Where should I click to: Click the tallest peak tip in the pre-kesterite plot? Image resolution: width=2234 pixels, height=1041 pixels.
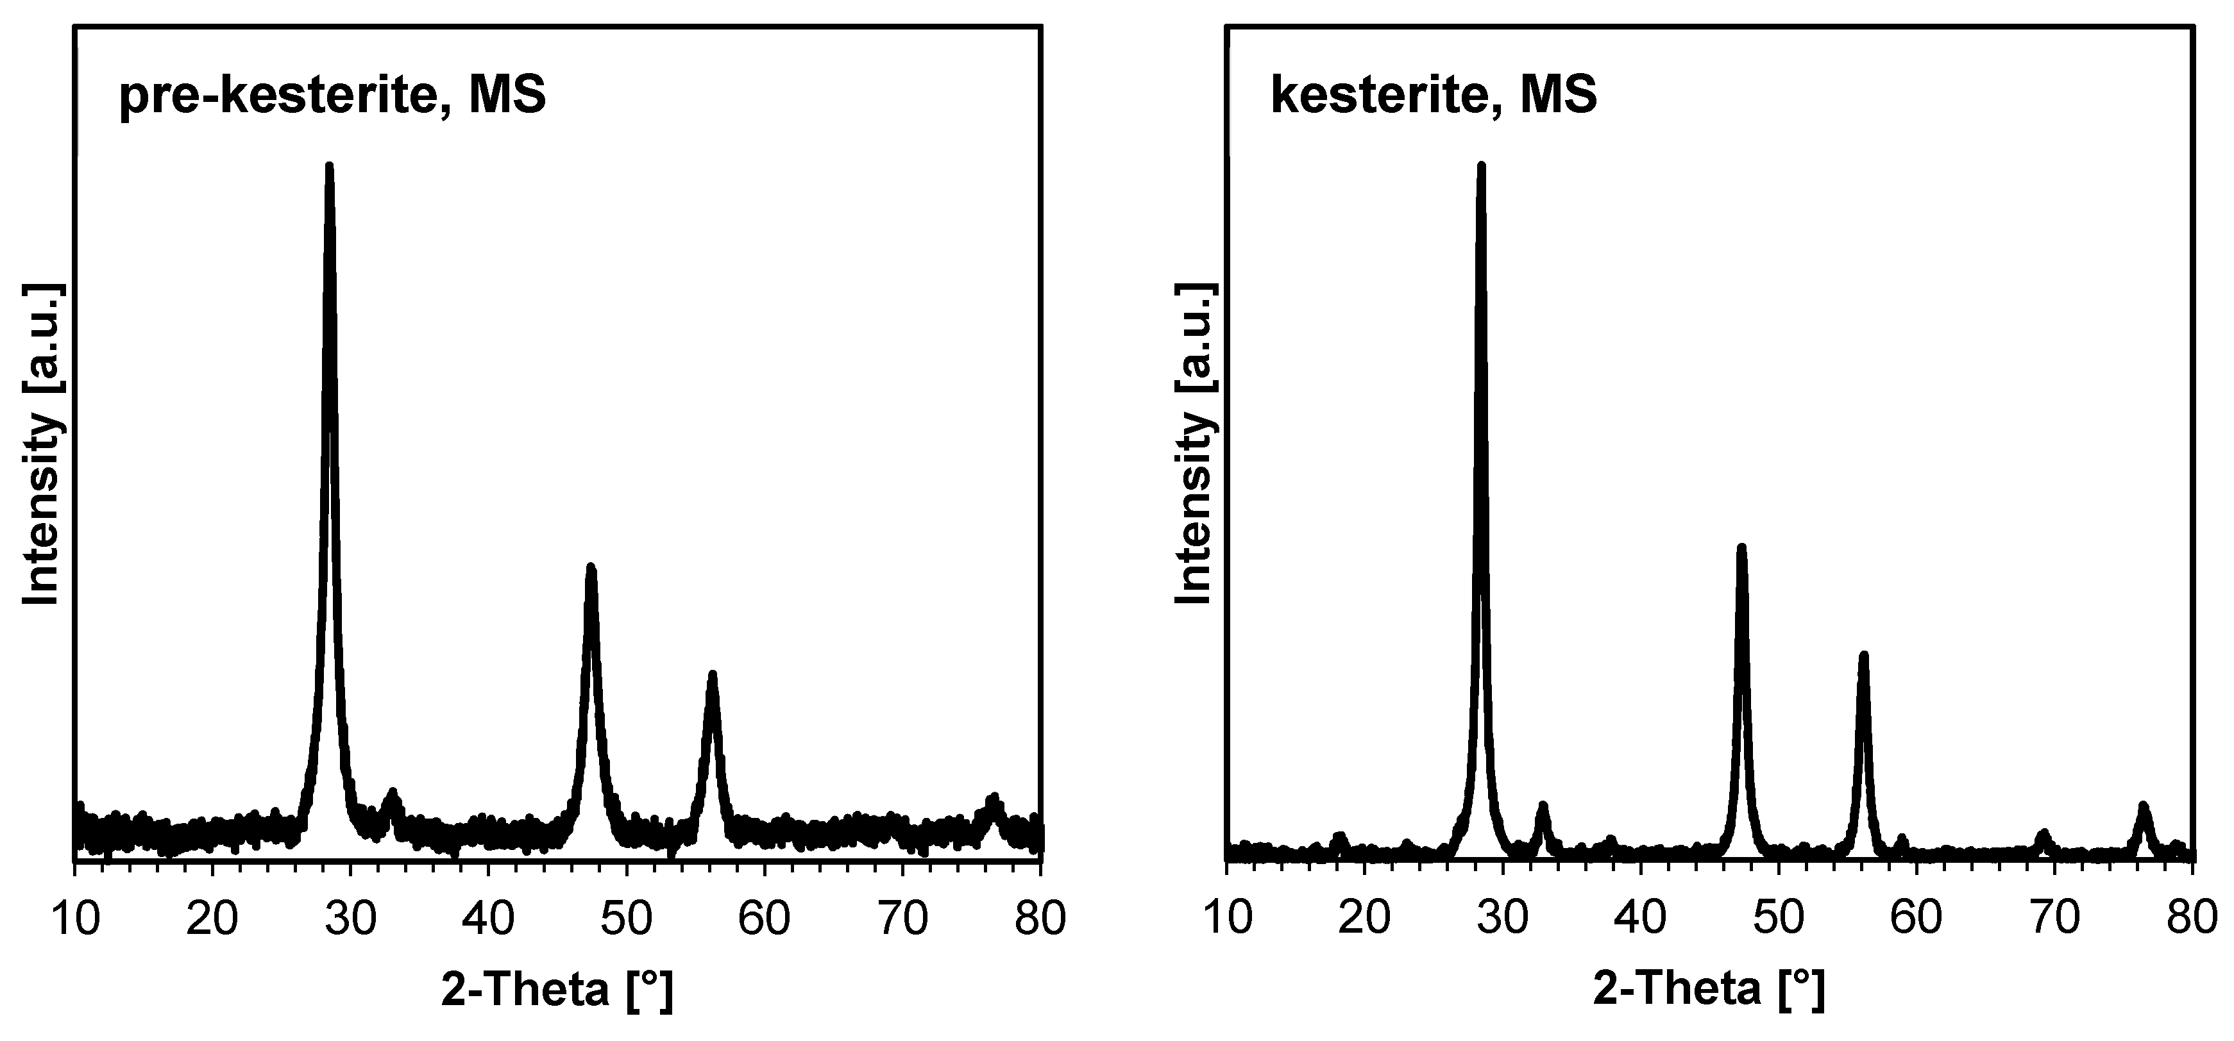pyautogui.click(x=328, y=167)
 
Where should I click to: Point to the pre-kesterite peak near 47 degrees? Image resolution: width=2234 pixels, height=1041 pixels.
pyautogui.click(x=591, y=569)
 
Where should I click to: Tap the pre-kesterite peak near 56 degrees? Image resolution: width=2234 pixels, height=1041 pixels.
pyautogui.click(x=712, y=675)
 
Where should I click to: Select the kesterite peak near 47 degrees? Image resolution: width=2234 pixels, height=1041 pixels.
pyautogui.click(x=1741, y=549)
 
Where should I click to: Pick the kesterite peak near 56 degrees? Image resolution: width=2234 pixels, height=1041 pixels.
pyautogui.click(x=1863, y=656)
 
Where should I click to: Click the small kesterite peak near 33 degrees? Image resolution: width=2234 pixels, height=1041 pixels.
pyautogui.click(x=1543, y=807)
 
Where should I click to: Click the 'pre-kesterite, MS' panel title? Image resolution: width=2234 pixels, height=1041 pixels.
pyautogui.click(x=332, y=96)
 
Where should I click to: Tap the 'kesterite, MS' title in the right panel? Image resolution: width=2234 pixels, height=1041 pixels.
pyautogui.click(x=1434, y=96)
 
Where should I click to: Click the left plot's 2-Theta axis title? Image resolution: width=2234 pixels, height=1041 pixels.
pyautogui.click(x=557, y=989)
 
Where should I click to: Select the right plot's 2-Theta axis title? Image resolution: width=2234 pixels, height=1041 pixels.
pyautogui.click(x=1709, y=989)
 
